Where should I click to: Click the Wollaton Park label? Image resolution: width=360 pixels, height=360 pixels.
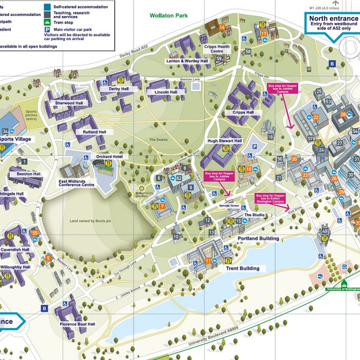click(x=169, y=16)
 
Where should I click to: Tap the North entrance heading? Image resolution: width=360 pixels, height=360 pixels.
click(x=333, y=19)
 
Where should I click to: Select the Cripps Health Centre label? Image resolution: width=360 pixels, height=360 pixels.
click(x=217, y=49)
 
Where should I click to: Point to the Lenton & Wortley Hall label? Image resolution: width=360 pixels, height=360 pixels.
click(x=187, y=61)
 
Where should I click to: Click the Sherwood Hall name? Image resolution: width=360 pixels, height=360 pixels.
click(x=69, y=103)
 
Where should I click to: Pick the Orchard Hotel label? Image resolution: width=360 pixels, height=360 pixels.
click(x=109, y=156)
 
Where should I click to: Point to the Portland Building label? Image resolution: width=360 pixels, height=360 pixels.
click(x=258, y=239)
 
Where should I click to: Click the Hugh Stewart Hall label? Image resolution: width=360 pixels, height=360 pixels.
click(x=224, y=141)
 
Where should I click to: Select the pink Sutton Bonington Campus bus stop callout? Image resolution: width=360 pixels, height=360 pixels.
click(x=270, y=199)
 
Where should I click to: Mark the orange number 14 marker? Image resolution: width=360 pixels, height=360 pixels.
click(x=222, y=27)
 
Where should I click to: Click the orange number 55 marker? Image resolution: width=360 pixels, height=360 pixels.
click(x=35, y=233)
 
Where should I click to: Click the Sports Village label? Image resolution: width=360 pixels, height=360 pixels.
click(x=15, y=139)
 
